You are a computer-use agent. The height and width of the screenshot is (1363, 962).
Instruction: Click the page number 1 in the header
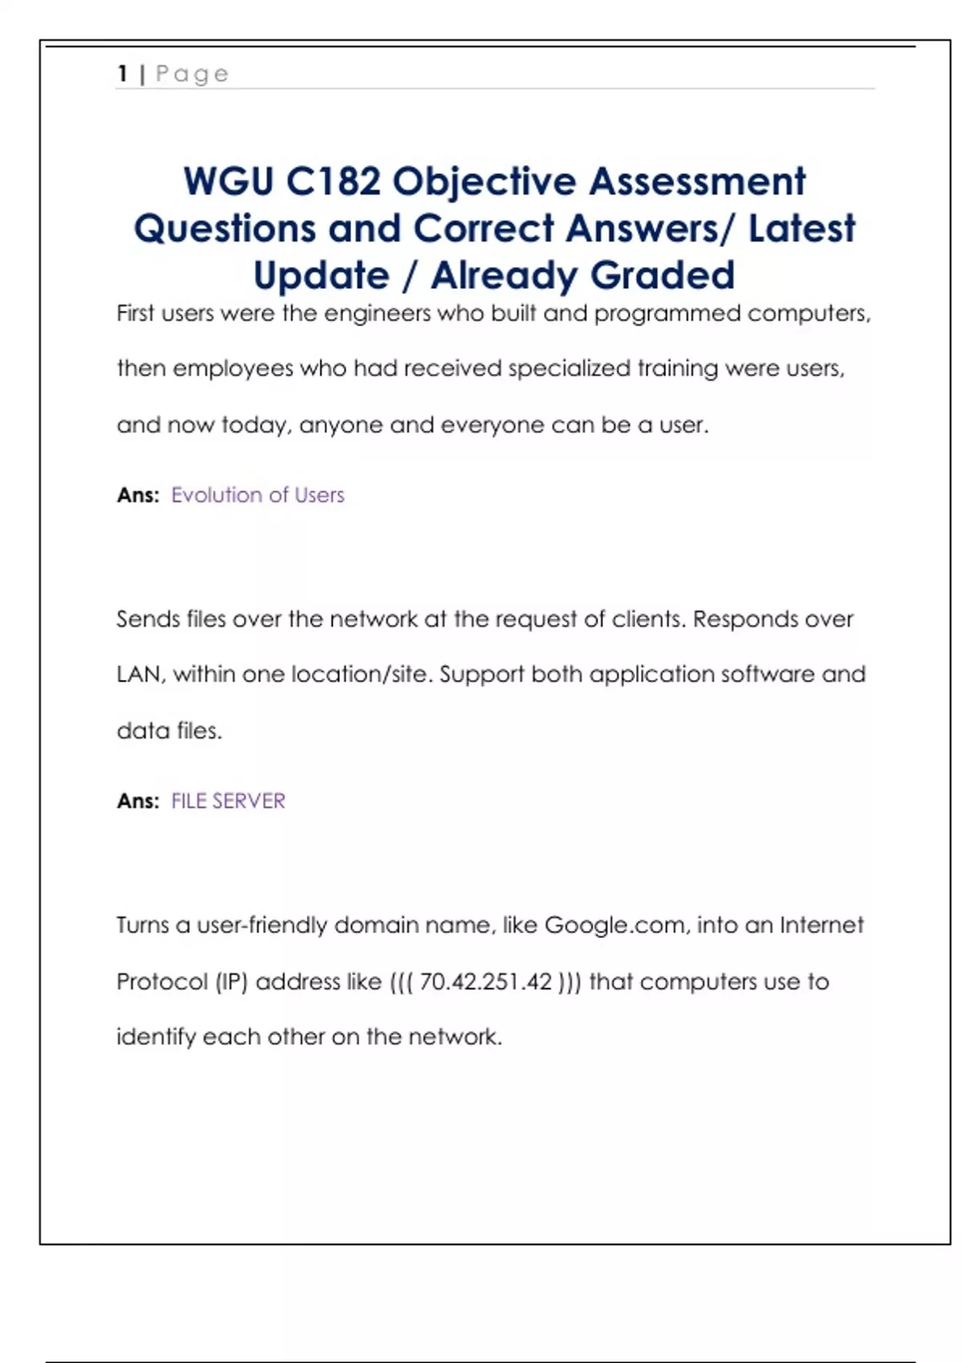point(123,74)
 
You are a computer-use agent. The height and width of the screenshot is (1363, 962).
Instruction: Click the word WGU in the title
point(228,181)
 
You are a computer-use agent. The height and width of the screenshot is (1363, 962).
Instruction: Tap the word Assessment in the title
point(697,181)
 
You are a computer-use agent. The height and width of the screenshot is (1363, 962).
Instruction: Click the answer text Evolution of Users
point(257,495)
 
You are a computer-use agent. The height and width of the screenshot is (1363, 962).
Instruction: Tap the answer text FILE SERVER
point(228,801)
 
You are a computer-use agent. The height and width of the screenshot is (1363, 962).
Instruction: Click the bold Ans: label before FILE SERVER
point(138,801)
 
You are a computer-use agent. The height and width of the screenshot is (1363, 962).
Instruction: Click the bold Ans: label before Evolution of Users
point(138,495)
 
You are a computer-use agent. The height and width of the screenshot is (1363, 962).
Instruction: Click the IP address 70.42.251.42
point(486,982)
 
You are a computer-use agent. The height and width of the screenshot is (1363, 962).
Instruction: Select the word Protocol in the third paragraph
point(162,982)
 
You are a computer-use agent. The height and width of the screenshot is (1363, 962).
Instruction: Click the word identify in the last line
point(156,1037)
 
